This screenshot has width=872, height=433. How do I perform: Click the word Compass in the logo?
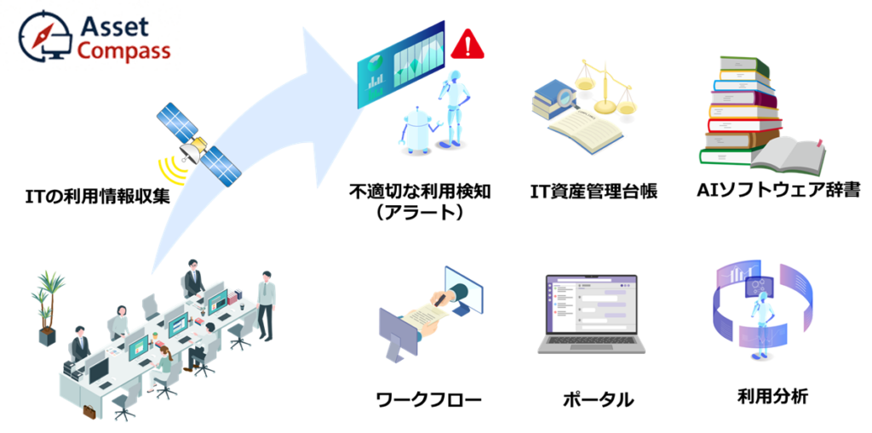[123, 51]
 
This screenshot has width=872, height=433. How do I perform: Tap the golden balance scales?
[605, 88]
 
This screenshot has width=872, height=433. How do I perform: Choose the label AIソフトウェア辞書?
[777, 191]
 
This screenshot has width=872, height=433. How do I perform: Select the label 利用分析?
[773, 396]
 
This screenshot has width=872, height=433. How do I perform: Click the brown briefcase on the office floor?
[89, 412]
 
